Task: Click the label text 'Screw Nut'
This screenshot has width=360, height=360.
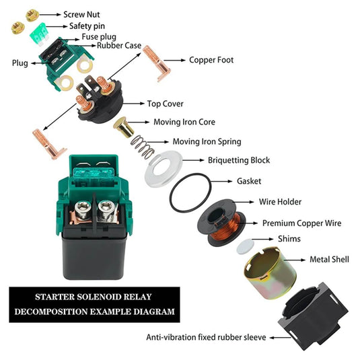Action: pos(81,14)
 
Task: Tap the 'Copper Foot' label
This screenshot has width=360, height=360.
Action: pos(211,60)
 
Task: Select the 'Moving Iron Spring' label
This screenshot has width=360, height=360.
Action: pos(207,141)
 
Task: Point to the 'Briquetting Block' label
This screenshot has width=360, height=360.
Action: pos(239,160)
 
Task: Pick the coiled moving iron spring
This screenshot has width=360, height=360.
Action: pos(142,147)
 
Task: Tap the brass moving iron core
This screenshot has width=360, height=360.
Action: pos(124,127)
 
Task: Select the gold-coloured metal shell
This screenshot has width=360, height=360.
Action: pos(271,273)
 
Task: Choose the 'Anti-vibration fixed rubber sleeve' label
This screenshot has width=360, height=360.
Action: pos(206,337)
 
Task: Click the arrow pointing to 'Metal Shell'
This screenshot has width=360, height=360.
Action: pos(295,260)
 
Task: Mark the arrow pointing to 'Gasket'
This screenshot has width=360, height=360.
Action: pos(221,182)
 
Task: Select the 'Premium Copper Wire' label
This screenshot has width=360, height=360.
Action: pos(301,223)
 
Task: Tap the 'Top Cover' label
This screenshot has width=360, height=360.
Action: pos(166,104)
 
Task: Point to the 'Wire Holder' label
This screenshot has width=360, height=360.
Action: pos(280,202)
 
